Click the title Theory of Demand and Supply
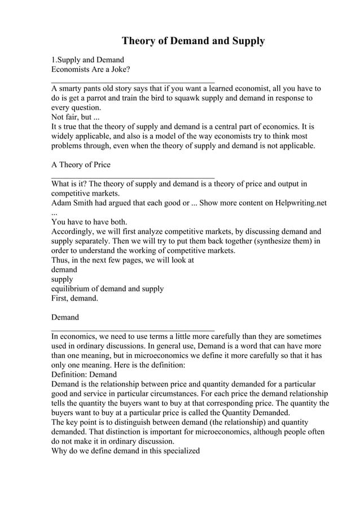pyautogui.click(x=193, y=41)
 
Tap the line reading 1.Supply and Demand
pyautogui.click(x=87, y=59)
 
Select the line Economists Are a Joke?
pyautogui.click(x=90, y=69)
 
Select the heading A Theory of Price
pyautogui.click(x=81, y=165)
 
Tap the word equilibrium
pyautogui.click(x=71, y=289)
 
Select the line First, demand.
pyautogui.click(x=74, y=298)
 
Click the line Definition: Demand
pyautogui.click(x=84, y=374)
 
